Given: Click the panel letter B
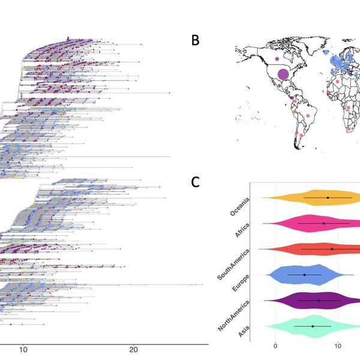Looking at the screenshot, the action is point(196,40).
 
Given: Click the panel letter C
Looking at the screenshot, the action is point(195,182).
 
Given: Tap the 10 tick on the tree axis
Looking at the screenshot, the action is point(23,350).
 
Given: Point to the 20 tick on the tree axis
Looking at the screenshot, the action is point(133,350).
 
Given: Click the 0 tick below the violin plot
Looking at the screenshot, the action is point(275,346).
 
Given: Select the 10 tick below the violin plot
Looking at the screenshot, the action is point(338,346).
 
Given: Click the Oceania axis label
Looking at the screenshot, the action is point(239,206).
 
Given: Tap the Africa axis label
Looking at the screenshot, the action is point(242,230).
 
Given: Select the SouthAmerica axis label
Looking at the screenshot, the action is point(233,265).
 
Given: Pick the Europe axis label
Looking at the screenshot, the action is point(241,283).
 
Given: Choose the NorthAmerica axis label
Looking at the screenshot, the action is point(233,316).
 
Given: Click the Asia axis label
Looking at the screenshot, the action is point(244,331).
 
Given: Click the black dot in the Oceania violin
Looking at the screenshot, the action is point(328,197).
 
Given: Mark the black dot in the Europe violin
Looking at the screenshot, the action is point(304,275).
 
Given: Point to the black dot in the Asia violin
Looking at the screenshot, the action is point(313,326).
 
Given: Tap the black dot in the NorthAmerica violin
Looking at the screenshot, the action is point(319,301).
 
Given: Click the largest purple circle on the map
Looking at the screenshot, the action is point(283,74).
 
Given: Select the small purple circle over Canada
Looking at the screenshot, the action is point(277,59).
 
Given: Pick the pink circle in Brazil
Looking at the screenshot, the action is point(308,116).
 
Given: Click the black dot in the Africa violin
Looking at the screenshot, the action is point(324,223).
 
